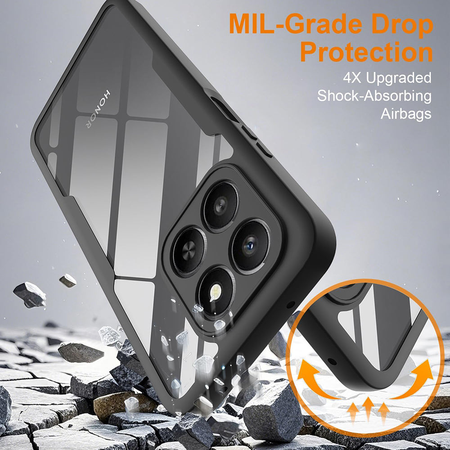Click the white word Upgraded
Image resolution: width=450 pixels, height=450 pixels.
pos(398,78)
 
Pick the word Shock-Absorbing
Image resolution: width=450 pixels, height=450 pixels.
pos(374,96)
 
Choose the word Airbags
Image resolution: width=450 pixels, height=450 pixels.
pos(406,114)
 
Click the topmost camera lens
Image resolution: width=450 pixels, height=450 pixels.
pos(220,205)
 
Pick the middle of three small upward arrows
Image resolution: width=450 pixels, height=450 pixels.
pos(368,407)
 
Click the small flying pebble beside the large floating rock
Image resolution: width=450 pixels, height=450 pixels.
pos(67,280)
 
